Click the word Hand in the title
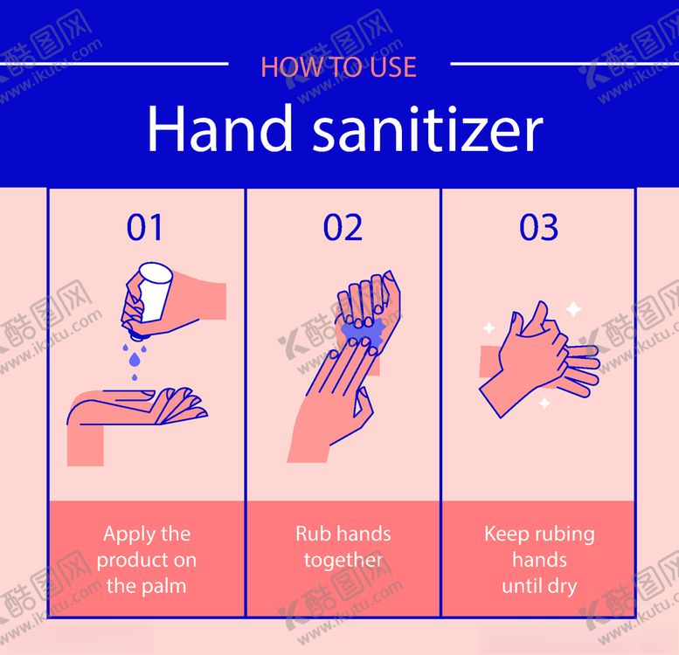pyautogui.click(x=220, y=128)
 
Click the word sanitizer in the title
pyautogui.click(x=427, y=128)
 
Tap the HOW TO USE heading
pyautogui.click(x=339, y=67)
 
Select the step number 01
pyautogui.click(x=145, y=227)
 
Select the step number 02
pyautogui.click(x=343, y=227)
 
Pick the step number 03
pyautogui.click(x=538, y=227)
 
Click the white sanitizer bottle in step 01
pyautogui.click(x=154, y=291)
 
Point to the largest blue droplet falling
pyautogui.click(x=135, y=359)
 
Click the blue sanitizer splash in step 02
pyautogui.click(x=363, y=332)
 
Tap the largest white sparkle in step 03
pyautogui.click(x=574, y=309)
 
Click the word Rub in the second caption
pyautogui.click(x=310, y=534)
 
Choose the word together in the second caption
pyautogui.click(x=343, y=562)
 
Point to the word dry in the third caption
pyautogui.click(x=562, y=587)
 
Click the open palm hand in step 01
pyautogui.click(x=138, y=407)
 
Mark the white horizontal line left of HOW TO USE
pyautogui.click(x=114, y=64)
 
